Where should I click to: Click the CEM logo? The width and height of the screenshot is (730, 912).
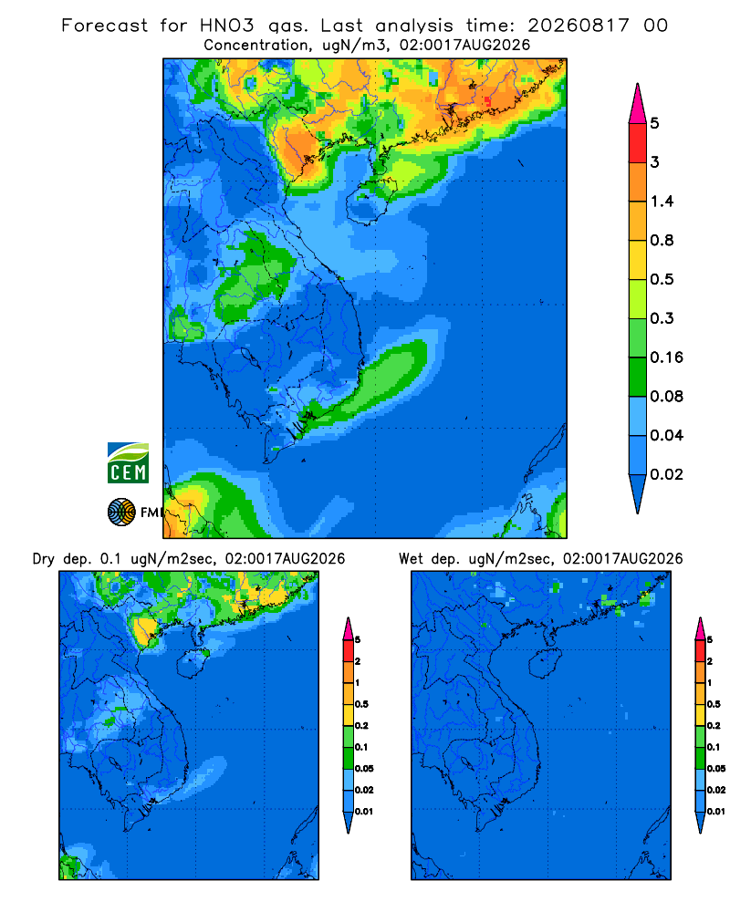128,462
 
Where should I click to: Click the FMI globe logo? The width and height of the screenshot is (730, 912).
121,513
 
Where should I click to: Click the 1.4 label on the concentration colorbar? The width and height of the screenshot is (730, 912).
662,202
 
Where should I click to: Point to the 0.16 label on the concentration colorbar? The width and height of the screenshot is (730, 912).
666,358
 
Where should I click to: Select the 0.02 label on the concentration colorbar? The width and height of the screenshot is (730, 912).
666,474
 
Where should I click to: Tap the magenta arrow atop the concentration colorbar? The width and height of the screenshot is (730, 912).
638,103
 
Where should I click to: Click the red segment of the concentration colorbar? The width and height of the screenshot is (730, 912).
638,142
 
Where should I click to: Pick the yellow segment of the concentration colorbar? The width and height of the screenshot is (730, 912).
638,259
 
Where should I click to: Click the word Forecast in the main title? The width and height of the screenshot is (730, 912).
105,26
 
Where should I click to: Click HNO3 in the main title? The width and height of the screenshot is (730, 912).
227,26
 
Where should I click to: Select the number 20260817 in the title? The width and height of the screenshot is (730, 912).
579,26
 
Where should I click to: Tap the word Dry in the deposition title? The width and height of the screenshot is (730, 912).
44,559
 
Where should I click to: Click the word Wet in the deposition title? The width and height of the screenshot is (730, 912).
411,559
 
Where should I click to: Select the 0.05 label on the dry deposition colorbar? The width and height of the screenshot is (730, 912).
364,768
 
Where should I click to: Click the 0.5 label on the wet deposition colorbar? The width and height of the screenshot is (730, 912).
714,704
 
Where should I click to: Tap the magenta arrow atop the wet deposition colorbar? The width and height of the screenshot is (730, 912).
700,628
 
